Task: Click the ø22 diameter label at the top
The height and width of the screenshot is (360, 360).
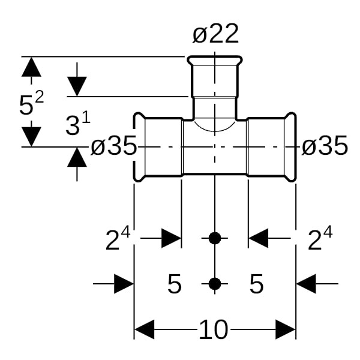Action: (x=215, y=35)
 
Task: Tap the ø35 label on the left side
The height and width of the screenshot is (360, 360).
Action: (x=113, y=147)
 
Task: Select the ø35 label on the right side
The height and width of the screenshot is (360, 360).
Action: (x=325, y=147)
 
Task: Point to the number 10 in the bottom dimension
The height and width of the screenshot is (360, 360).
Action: (x=214, y=329)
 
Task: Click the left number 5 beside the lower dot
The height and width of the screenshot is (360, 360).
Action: (x=174, y=284)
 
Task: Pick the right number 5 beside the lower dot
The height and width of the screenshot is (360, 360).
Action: (x=256, y=284)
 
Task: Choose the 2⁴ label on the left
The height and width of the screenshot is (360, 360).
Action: (x=118, y=239)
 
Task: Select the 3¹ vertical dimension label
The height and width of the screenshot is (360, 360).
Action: (x=77, y=125)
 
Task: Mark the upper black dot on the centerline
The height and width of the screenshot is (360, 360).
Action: (x=215, y=238)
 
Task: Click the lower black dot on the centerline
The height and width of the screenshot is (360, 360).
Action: (x=215, y=284)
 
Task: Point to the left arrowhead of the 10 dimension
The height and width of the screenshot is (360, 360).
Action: (x=145, y=329)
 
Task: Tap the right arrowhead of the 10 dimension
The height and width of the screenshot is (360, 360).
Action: (x=285, y=329)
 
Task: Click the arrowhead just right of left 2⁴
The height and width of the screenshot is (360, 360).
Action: (x=170, y=239)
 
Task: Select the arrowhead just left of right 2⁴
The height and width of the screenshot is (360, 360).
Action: (x=259, y=239)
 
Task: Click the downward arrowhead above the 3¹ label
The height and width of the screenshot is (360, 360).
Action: (x=77, y=86)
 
